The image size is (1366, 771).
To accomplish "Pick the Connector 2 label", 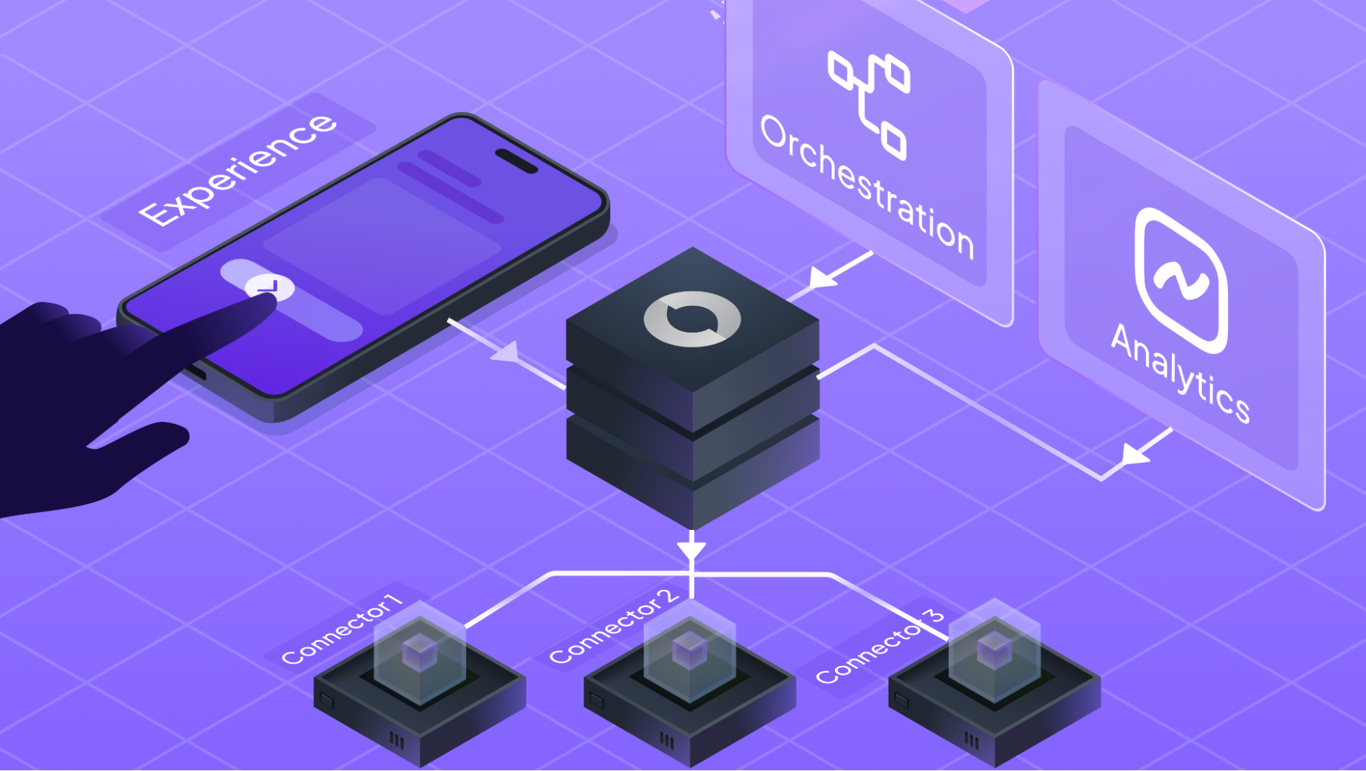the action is (614, 627).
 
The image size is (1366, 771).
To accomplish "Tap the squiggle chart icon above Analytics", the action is (1181, 281).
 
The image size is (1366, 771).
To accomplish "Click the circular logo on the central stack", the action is (692, 318).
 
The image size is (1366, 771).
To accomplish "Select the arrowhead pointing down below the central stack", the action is (692, 550).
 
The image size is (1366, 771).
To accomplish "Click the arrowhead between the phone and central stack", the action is (507, 352).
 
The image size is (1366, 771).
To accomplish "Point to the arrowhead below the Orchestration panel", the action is (822, 277).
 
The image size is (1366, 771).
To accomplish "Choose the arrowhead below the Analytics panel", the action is (1135, 453).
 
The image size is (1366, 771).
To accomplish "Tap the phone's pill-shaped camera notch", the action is (517, 161).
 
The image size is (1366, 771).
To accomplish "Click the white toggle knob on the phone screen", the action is (270, 287).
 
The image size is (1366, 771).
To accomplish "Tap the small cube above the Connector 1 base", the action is (419, 651).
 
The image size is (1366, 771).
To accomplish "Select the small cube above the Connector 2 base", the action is (689, 649).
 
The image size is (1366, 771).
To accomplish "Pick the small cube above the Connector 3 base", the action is (994, 649).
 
